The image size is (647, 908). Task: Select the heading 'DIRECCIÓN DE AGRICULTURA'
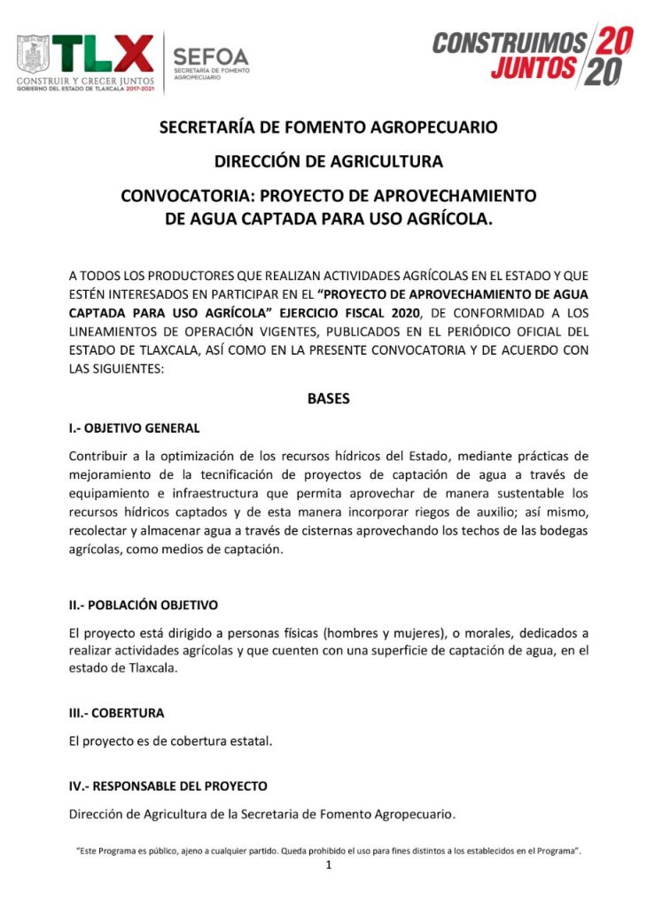pos(328,161)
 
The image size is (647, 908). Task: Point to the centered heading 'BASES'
pos(328,398)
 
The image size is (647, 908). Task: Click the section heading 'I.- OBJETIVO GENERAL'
pos(134,427)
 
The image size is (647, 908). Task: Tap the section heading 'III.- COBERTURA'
pos(116,712)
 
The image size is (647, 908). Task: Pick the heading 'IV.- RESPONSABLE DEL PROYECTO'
pos(168,786)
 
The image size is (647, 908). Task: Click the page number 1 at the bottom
pos(328,865)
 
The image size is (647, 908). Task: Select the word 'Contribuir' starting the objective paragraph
pos(99,456)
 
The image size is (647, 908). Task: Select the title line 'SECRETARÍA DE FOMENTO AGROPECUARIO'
pos(328,127)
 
